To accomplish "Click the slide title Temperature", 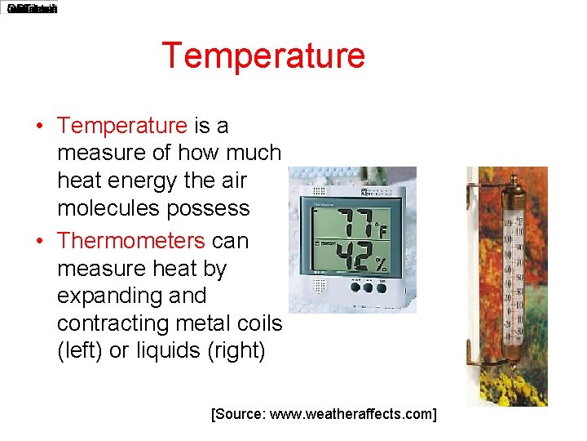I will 263,56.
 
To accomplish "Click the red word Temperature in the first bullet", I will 122,126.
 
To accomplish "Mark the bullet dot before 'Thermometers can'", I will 39,242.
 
